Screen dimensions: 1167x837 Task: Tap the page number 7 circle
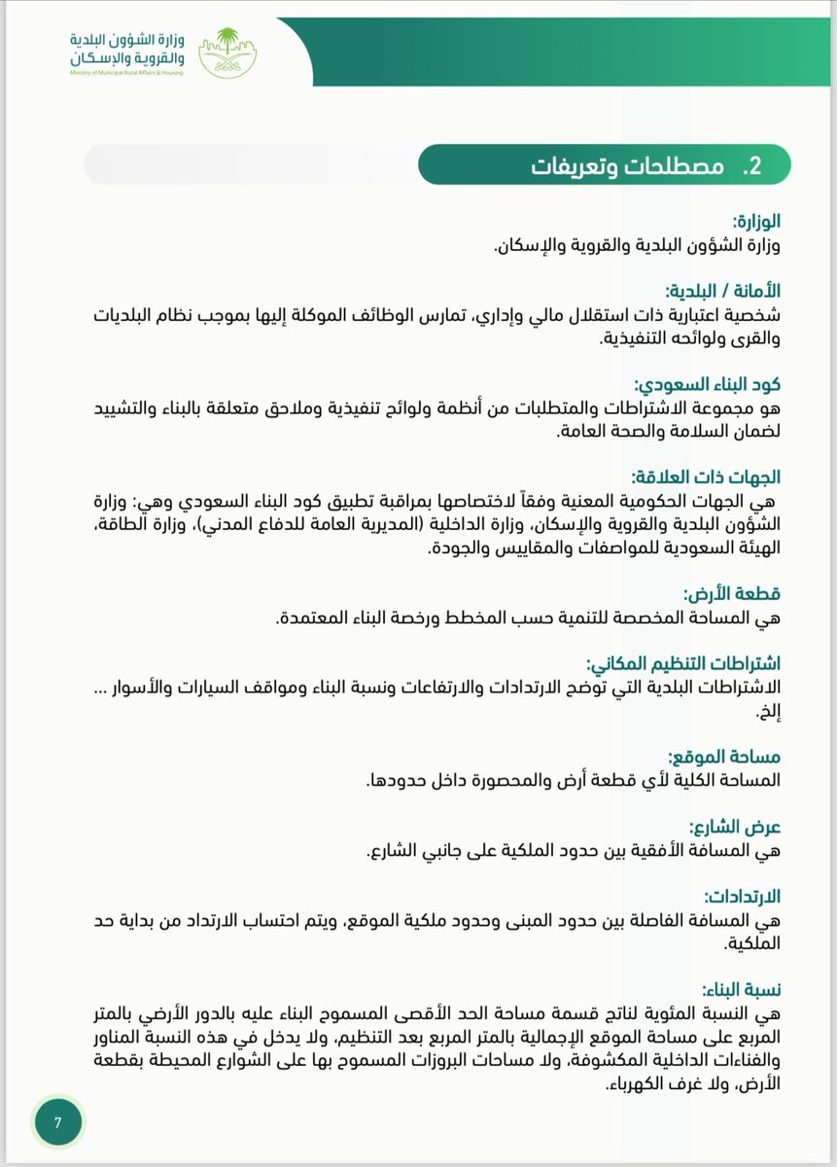[x=58, y=1122]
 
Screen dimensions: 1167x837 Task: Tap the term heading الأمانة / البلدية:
[x=723, y=290]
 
